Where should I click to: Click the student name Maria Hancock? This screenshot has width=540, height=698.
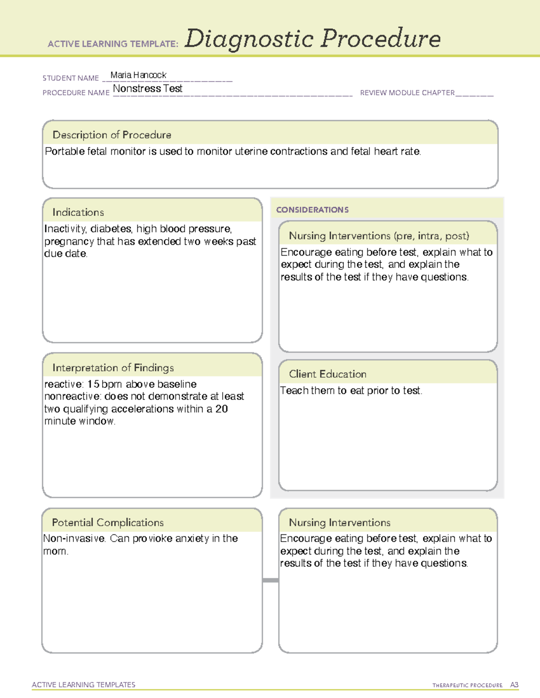tap(138, 75)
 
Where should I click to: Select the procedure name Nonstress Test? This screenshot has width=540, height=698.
tap(148, 89)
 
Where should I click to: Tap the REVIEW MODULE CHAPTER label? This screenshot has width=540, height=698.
tap(407, 93)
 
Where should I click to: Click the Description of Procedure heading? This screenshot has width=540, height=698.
tap(112, 135)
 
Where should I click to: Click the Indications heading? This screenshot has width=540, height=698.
tap(78, 212)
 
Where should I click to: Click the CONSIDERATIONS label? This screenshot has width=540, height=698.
tap(312, 210)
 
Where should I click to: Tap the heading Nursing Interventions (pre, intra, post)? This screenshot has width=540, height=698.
tap(379, 236)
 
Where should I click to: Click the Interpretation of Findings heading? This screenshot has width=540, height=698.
tap(113, 368)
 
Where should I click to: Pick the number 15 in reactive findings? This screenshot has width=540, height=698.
tap(93, 384)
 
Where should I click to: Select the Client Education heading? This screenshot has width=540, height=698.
tap(328, 374)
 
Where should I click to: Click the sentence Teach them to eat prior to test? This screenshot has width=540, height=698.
tap(351, 391)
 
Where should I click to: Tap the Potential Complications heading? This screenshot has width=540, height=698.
tap(108, 522)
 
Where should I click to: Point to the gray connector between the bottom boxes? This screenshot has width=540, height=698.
tap(270, 580)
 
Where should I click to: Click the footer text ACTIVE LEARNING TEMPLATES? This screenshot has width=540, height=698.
tap(84, 685)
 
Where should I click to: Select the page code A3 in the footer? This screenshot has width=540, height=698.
tap(514, 685)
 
